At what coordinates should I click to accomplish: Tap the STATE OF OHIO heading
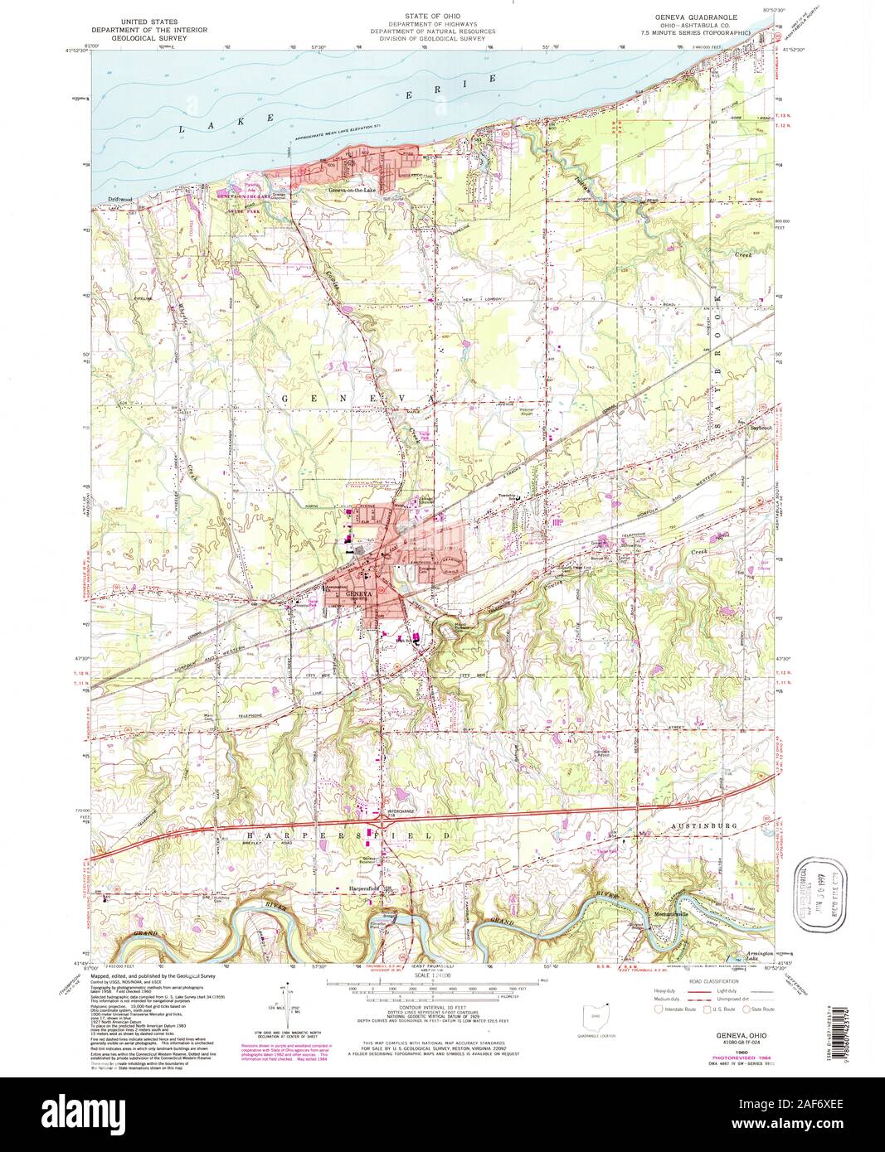[x=432, y=17]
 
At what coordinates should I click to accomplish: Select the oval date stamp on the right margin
[x=812, y=886]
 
